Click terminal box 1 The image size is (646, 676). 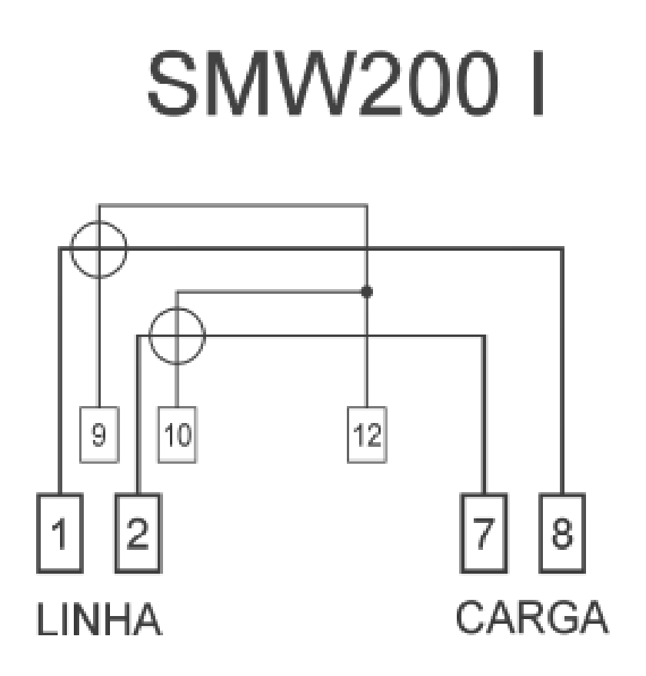60,533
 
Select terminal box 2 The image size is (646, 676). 138,533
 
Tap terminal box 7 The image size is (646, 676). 484,533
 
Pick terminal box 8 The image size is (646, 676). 562,533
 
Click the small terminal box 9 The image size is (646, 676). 99,435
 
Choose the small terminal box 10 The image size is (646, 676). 178,435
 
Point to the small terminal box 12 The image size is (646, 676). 367,435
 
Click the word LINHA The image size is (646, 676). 99,620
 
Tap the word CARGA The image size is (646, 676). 531,617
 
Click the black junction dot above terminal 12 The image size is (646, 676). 367,292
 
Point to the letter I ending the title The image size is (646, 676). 538,84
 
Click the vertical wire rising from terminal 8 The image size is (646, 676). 562,371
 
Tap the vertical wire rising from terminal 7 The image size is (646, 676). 484,414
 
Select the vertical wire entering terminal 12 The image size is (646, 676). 367,306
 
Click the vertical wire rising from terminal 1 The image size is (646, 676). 60,371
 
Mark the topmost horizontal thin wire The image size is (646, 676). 233,205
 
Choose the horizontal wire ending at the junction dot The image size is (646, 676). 271,292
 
